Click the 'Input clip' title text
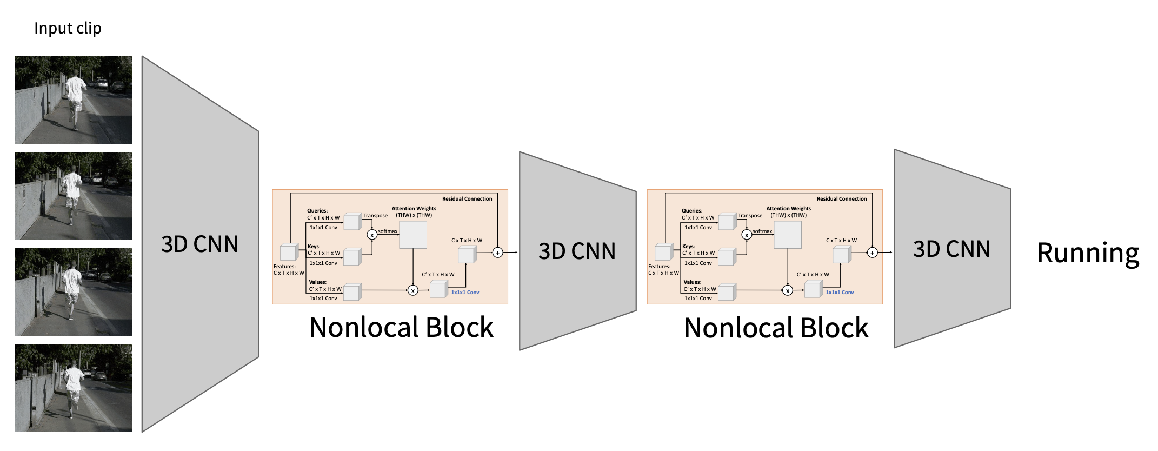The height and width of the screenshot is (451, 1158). coord(68,28)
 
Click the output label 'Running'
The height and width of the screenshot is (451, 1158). coord(1088,253)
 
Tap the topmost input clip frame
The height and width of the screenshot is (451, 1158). coord(74,100)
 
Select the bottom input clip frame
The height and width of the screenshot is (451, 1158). coord(74,388)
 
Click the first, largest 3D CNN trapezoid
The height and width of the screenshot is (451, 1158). coord(200,244)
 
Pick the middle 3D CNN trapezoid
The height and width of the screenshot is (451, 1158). coord(577,251)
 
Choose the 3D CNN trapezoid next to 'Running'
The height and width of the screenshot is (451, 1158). coord(951,249)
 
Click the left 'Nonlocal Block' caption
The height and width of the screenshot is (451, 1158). coord(401,328)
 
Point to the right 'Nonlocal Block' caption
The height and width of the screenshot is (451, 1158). coord(776,328)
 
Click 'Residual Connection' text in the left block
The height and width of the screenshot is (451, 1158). coord(467,199)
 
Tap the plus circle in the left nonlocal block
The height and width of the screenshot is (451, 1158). coord(498,253)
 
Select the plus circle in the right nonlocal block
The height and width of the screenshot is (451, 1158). coord(872,253)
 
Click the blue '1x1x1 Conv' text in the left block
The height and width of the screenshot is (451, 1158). coord(465,293)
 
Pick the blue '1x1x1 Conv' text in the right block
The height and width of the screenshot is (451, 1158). coord(840,293)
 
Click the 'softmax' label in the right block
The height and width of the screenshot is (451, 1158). coord(762,231)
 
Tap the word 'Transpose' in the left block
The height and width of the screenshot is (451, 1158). coord(375,216)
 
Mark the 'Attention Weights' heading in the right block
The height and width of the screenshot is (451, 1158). coord(788,209)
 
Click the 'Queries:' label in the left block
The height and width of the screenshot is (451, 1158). coord(317,211)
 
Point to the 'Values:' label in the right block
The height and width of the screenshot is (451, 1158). coord(692,282)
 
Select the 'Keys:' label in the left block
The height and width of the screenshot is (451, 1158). coord(314,247)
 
